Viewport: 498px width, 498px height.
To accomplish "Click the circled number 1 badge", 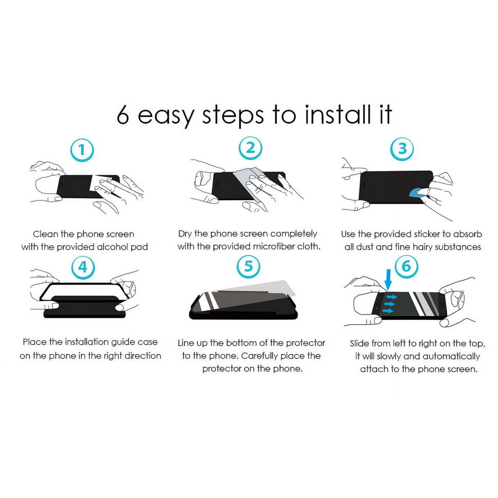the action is click(x=82, y=150).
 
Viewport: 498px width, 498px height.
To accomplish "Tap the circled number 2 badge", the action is click(x=250, y=148).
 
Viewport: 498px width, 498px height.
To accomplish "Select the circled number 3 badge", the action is click(x=402, y=149).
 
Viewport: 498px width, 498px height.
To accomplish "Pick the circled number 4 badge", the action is click(x=83, y=267).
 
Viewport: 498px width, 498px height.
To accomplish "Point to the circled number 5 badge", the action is click(x=248, y=266).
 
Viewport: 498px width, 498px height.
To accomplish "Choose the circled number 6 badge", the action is click(x=406, y=266).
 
